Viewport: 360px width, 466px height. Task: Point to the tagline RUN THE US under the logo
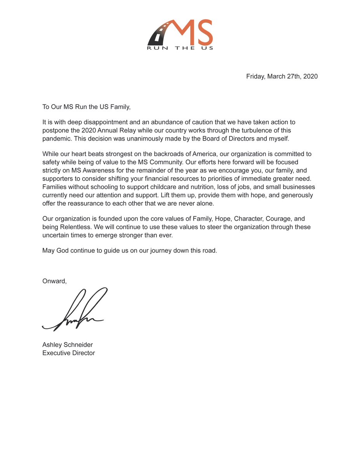coord(180,48)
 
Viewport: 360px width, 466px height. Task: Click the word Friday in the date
coord(256,77)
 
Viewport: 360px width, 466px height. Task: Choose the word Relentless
coord(78,227)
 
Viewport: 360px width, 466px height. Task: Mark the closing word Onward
coord(54,281)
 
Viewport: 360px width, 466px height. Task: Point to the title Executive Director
coord(68,353)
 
